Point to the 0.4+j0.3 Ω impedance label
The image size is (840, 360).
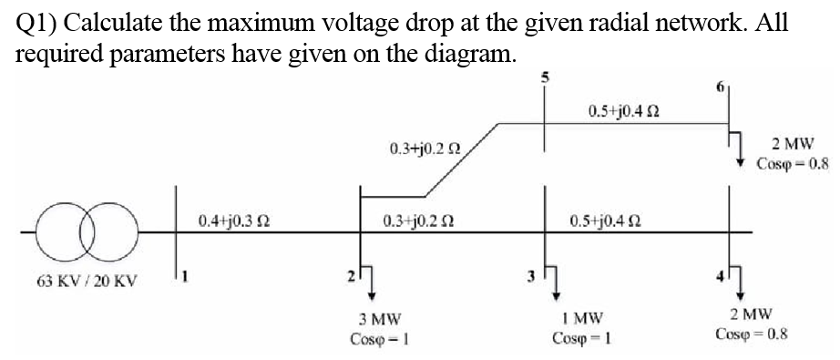(x=232, y=221)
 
